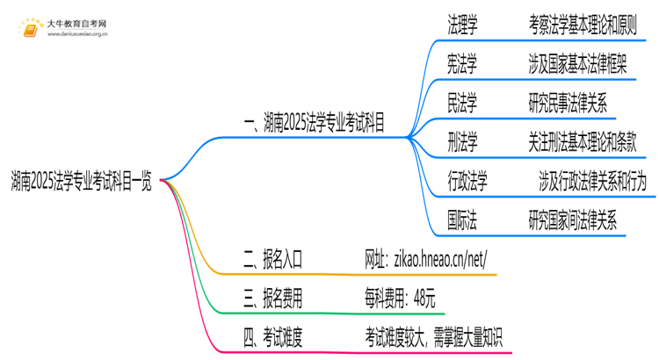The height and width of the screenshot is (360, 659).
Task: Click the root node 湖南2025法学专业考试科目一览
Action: [x=81, y=182]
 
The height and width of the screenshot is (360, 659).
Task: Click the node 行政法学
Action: [x=468, y=182]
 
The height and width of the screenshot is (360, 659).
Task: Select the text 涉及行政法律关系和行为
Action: [x=594, y=182]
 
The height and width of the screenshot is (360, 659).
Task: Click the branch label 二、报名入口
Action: [x=272, y=260]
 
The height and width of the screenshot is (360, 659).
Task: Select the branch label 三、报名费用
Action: [x=272, y=299]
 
